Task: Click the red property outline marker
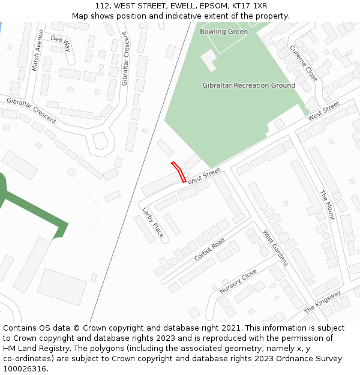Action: point(179,172)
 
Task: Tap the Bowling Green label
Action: point(223,32)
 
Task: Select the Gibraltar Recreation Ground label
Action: point(248,85)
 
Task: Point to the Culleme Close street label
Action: point(304,63)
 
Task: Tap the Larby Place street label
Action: point(153,222)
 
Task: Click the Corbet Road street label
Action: point(209,249)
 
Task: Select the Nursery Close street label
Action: point(238,281)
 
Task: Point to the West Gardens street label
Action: point(275,248)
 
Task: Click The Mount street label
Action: point(326,205)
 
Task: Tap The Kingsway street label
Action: point(322,302)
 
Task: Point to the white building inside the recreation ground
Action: point(209,60)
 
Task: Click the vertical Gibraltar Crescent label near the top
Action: point(125,58)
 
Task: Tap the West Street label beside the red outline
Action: point(204,176)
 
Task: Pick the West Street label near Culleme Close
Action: point(324,110)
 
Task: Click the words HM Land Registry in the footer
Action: point(33,349)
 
